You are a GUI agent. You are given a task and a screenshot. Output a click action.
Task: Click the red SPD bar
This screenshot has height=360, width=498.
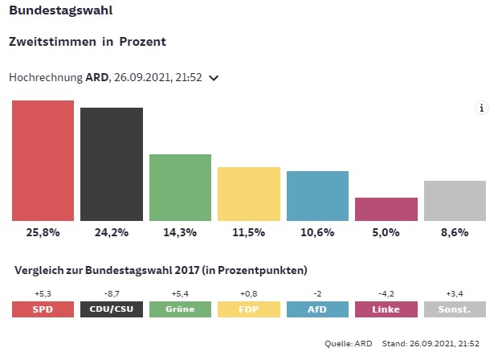click(x=43, y=161)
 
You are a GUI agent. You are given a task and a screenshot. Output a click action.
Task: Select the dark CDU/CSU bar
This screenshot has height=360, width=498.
click(x=112, y=164)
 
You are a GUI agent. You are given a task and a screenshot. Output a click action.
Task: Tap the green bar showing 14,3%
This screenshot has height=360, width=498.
click(x=180, y=187)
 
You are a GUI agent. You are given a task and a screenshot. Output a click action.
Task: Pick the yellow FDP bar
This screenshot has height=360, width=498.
click(x=249, y=194)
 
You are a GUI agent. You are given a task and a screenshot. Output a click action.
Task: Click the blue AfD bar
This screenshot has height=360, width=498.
click(x=317, y=195)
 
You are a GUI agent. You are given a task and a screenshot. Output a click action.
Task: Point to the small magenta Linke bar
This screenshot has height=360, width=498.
click(x=386, y=209)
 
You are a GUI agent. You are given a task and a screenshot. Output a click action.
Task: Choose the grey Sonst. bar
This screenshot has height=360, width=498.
click(x=455, y=201)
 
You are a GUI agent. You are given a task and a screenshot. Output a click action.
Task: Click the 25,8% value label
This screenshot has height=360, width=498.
click(x=43, y=233)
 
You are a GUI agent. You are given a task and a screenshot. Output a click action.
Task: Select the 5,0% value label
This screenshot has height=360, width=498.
click(x=386, y=233)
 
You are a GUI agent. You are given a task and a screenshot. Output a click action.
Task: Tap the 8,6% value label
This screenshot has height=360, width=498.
click(x=455, y=233)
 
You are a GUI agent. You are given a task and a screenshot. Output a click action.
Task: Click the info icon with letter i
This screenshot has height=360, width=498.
click(x=482, y=108)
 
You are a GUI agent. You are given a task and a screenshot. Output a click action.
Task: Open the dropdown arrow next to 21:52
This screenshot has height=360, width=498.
click(x=214, y=78)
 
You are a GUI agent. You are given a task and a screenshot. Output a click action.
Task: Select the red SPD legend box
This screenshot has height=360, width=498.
click(x=43, y=309)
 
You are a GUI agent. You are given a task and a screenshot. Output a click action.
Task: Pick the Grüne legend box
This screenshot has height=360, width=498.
click(x=180, y=309)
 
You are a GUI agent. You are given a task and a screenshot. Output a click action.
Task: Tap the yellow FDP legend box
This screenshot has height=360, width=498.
click(x=249, y=309)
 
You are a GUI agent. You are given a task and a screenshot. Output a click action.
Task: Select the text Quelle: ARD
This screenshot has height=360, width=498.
click(x=349, y=343)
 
